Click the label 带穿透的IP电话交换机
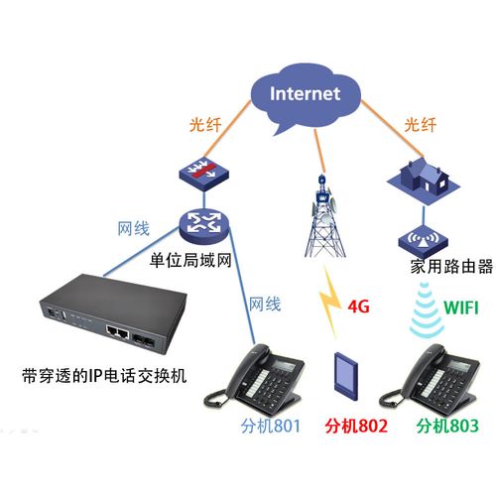[x=104, y=375]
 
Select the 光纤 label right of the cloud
[x=421, y=126]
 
